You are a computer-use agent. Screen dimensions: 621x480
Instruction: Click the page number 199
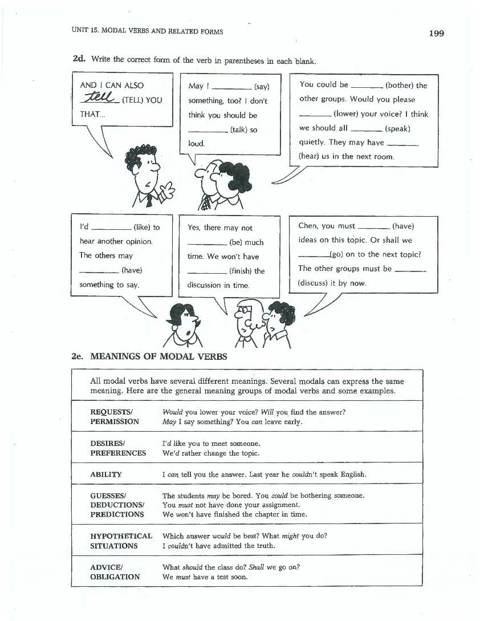[436, 33]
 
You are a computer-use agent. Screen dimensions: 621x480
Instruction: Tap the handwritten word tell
[97, 98]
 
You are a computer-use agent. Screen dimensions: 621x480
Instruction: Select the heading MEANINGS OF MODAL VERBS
[158, 357]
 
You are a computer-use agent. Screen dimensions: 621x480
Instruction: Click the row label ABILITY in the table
[105, 474]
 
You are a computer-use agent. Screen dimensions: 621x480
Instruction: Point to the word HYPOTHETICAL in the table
[121, 536]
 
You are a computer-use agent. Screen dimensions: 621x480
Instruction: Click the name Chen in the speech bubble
[308, 226]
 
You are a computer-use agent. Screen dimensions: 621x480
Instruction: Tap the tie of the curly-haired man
[149, 200]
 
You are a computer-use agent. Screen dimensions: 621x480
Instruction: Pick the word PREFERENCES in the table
[118, 453]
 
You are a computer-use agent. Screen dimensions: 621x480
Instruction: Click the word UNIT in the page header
[80, 32]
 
